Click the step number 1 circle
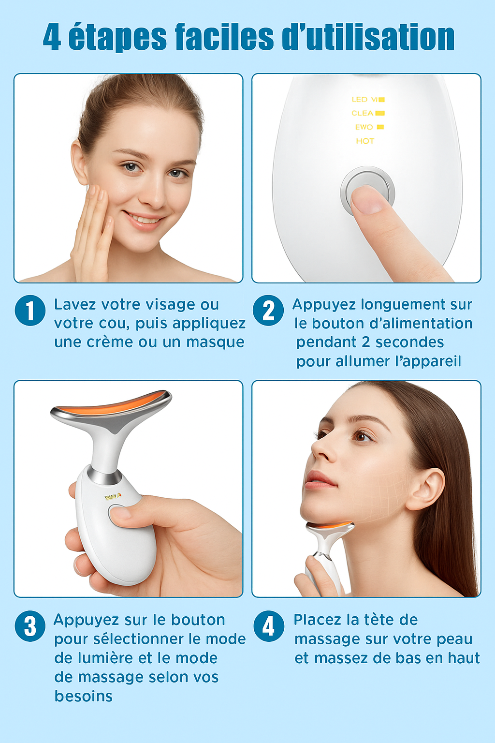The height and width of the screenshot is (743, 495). [x=30, y=310]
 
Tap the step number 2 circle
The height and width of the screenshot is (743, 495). [x=268, y=310]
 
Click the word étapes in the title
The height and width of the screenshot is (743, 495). [x=117, y=37]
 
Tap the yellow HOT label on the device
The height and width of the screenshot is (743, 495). [x=365, y=141]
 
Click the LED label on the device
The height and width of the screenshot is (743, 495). [x=360, y=99]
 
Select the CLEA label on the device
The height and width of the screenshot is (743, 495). [x=363, y=113]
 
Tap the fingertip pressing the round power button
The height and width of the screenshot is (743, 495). [x=367, y=199]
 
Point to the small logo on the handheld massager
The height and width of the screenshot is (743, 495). [x=113, y=496]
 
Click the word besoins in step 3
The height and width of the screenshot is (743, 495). [x=83, y=696]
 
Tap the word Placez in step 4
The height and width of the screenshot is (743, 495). [x=317, y=620]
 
